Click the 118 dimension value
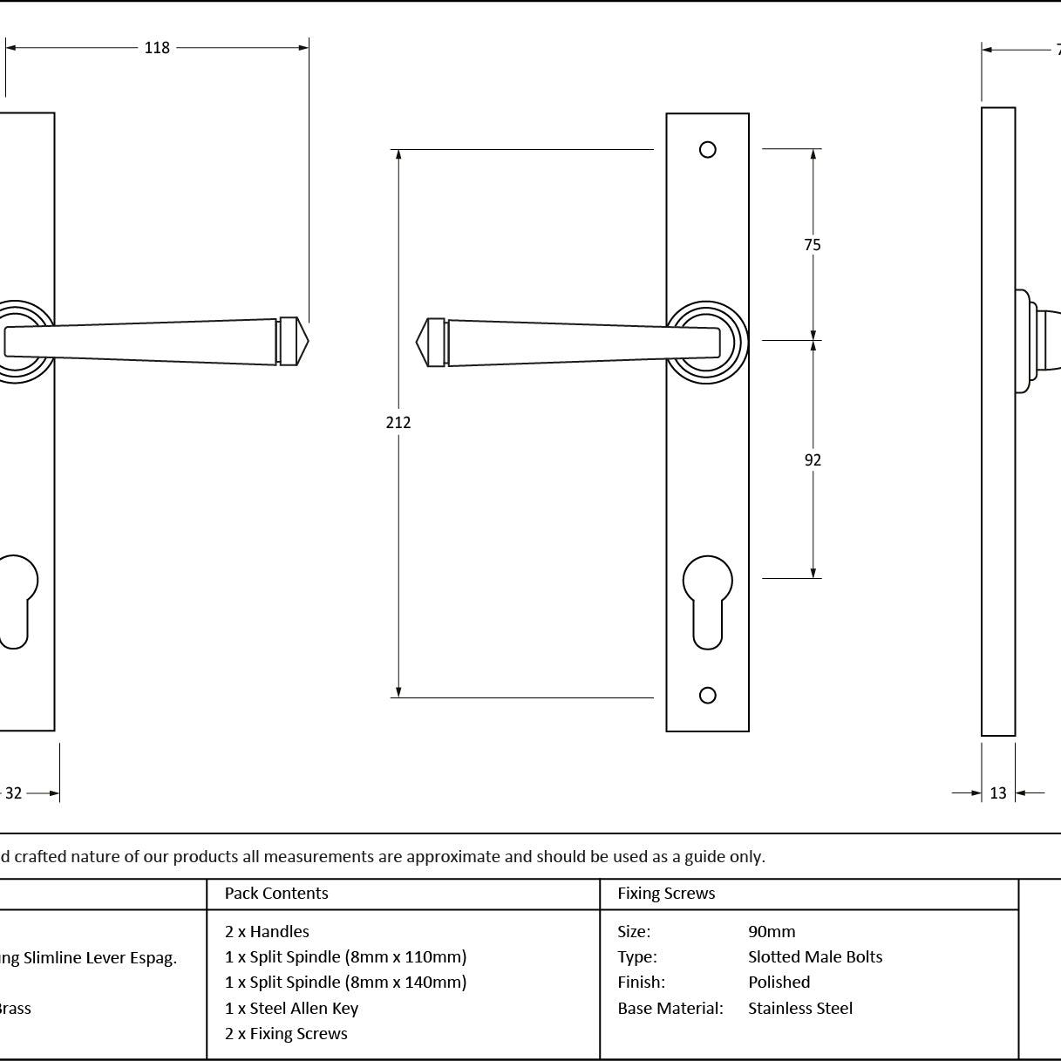[x=157, y=48]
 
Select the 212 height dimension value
[x=398, y=423]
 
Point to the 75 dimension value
[x=813, y=245]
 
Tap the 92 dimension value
[x=813, y=460]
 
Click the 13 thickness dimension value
[x=998, y=793]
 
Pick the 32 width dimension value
[x=14, y=793]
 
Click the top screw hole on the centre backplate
[x=708, y=150]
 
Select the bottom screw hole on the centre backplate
[x=708, y=695]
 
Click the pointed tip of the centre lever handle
[x=421, y=343]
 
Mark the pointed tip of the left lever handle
[x=304, y=341]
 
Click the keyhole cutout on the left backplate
[x=15, y=600]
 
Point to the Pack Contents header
[x=276, y=894]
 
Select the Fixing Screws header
[x=666, y=894]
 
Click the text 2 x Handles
[x=267, y=932]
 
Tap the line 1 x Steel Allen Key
[x=291, y=1009]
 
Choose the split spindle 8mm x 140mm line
[x=345, y=983]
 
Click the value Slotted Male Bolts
[x=815, y=957]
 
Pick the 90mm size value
[x=772, y=932]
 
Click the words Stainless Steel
[x=800, y=1009]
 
